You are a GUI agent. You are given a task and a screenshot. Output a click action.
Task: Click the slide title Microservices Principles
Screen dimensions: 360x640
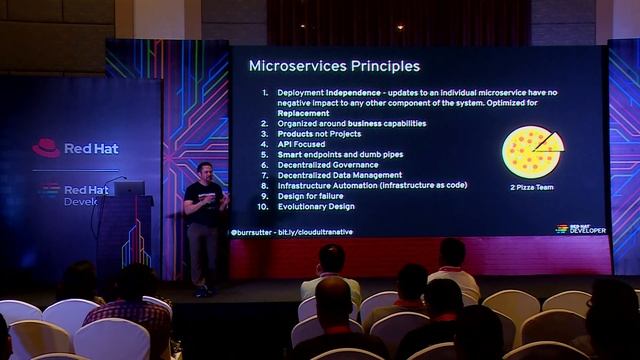tap(333, 67)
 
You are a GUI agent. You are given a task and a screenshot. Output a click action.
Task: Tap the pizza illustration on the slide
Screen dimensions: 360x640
tap(532, 151)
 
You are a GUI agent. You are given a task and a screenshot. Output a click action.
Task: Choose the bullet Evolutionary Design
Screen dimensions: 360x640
tap(316, 206)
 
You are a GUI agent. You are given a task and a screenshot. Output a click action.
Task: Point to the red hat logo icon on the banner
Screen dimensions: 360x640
tap(46, 148)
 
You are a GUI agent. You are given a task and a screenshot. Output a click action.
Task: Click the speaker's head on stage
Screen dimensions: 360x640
tap(205, 171)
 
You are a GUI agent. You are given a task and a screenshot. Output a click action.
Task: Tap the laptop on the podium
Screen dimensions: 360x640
tap(129, 188)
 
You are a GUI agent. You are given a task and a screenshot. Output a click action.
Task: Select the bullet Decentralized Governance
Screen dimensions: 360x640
tap(328, 165)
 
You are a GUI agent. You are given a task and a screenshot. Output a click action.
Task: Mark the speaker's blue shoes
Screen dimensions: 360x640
tap(203, 290)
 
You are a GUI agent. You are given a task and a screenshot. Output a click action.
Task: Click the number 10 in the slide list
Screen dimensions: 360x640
tap(265, 206)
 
